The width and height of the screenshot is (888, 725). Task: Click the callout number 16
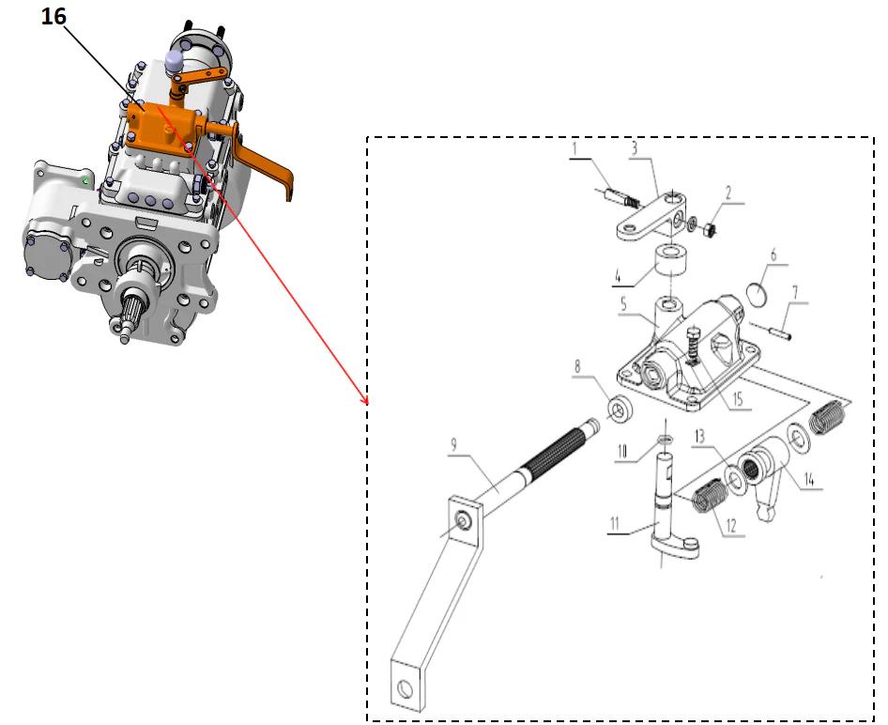[x=54, y=19]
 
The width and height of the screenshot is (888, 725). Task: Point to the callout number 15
[x=736, y=400]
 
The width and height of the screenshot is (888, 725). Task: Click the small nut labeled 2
[x=710, y=227]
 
